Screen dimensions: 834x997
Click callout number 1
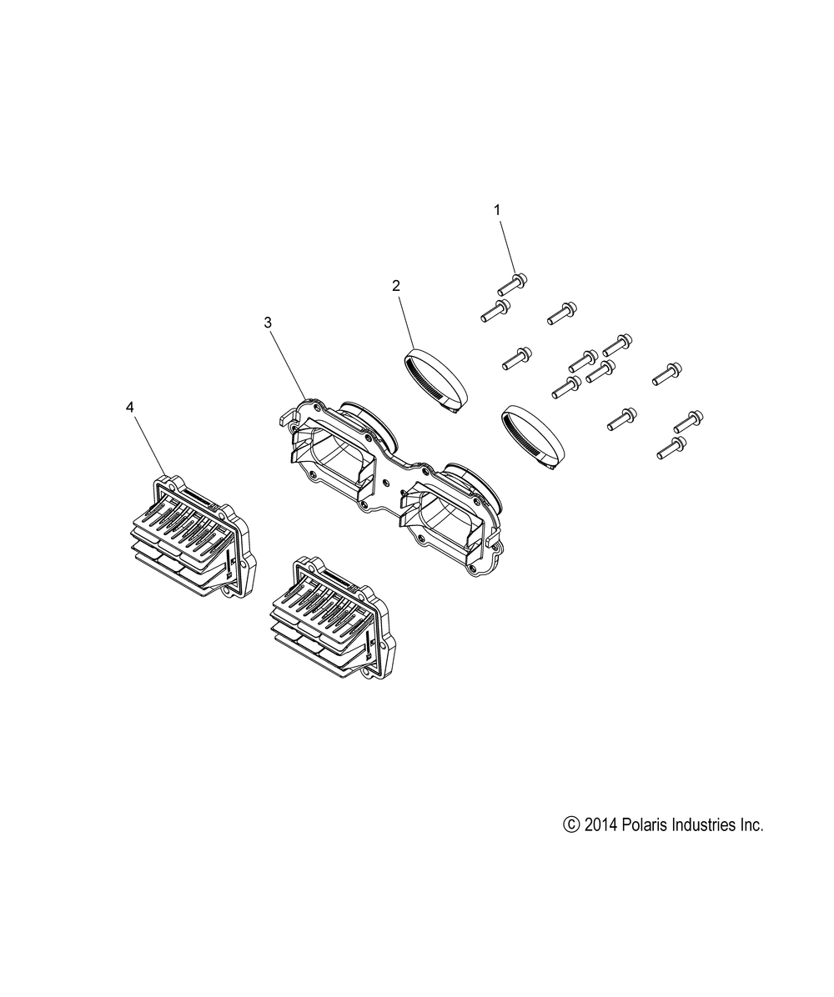[497, 209]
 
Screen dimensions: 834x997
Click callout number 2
[395, 286]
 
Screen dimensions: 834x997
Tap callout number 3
[268, 323]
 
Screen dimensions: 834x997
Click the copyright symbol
[570, 824]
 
